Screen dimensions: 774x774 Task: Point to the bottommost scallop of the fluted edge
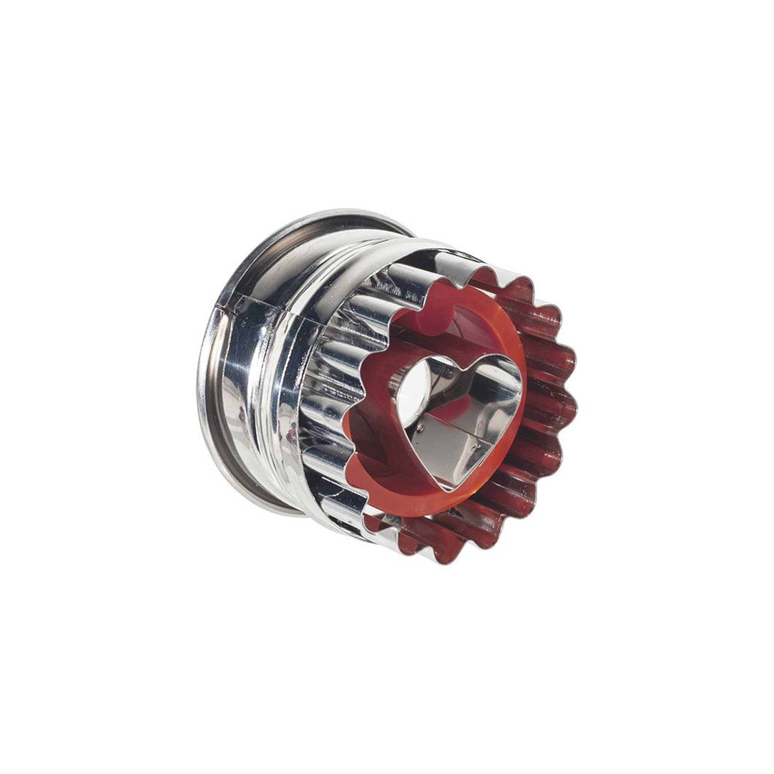point(441,551)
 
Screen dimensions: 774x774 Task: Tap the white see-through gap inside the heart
point(417,385)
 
